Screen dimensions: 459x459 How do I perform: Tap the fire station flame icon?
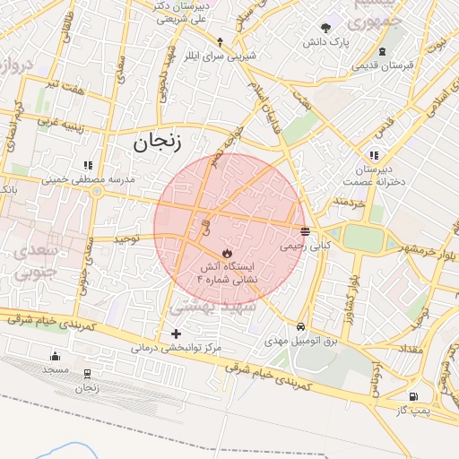coord(227,253)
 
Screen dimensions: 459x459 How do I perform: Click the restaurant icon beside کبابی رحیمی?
coord(306,231)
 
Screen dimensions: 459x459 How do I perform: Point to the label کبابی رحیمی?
coord(306,244)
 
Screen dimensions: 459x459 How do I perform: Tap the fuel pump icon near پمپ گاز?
coord(412,396)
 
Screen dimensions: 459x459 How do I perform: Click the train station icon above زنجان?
coord(87,374)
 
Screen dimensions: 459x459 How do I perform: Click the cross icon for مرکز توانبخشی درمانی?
coord(176,333)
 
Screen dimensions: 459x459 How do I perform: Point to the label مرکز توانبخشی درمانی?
coord(176,347)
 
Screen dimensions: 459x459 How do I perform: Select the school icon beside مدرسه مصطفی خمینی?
coord(87,166)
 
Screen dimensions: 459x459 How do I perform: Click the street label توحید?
coord(125,238)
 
